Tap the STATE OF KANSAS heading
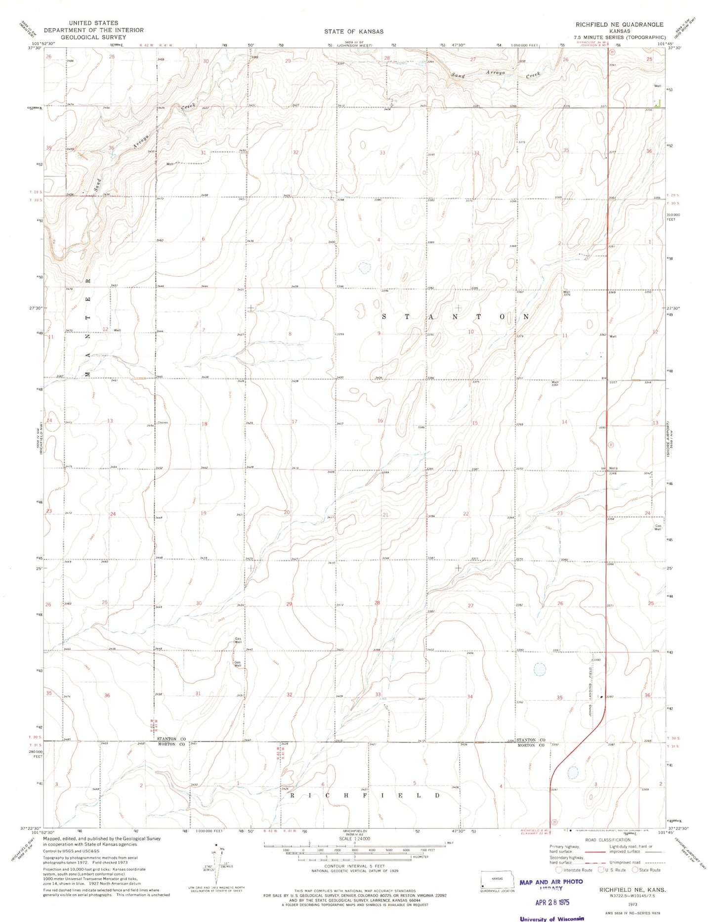tap(353, 31)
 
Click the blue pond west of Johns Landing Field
tap(540, 670)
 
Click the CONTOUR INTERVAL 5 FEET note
tap(354, 866)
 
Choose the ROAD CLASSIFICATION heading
tap(607, 839)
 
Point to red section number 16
tap(380, 421)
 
